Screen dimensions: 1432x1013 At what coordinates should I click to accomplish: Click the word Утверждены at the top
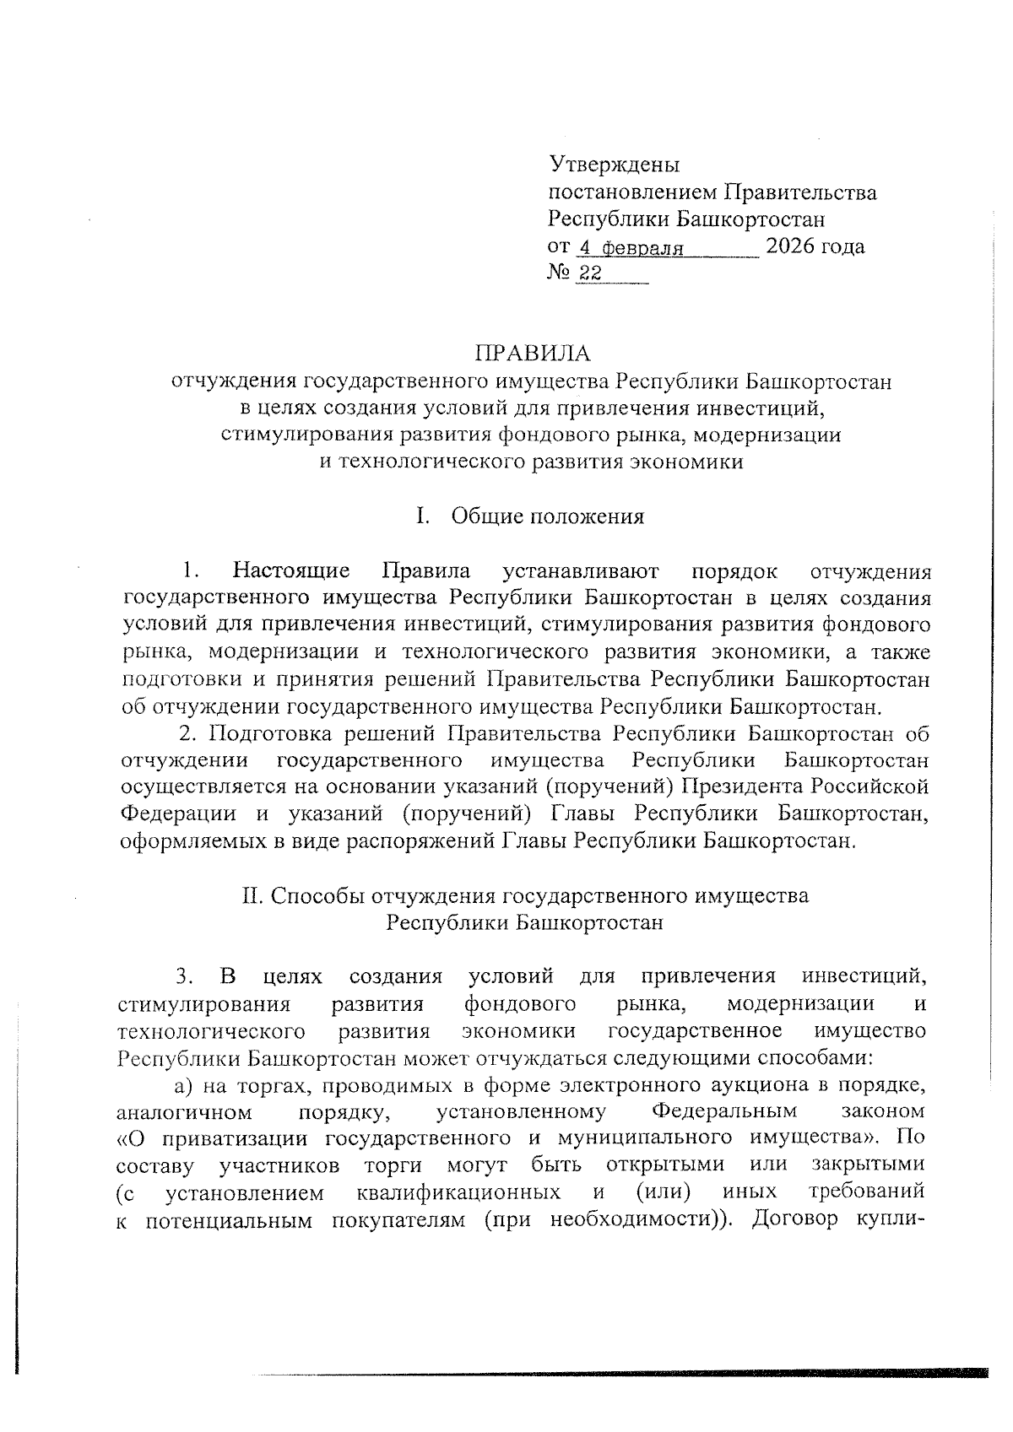click(614, 165)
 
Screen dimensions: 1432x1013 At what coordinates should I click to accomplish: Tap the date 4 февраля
click(629, 248)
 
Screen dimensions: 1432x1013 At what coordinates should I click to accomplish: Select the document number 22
click(590, 273)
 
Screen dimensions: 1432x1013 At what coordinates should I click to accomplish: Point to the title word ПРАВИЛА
click(532, 353)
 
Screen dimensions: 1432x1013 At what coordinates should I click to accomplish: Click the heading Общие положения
click(548, 516)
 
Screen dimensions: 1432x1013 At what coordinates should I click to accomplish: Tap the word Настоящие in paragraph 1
click(292, 572)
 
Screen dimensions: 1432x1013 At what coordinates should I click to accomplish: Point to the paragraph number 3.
click(185, 977)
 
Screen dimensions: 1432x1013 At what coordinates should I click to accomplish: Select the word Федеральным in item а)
click(725, 1110)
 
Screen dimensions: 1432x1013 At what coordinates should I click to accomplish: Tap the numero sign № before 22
click(559, 273)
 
